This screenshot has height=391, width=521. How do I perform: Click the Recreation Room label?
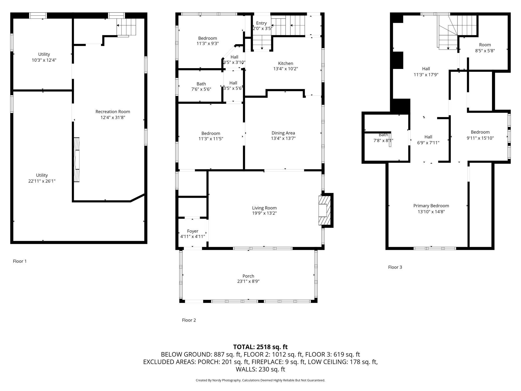click(x=113, y=112)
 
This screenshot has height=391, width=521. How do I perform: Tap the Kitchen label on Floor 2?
click(x=286, y=63)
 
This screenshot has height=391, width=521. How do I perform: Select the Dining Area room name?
click(x=283, y=133)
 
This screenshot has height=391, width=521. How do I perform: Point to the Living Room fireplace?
click(x=326, y=210)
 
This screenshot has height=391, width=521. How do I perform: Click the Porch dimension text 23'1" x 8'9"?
click(x=248, y=281)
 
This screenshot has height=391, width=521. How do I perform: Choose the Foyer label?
click(x=193, y=231)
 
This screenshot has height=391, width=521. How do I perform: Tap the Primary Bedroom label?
click(x=431, y=206)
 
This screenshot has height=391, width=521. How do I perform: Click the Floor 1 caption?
click(x=20, y=261)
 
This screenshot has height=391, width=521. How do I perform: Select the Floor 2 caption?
click(x=189, y=320)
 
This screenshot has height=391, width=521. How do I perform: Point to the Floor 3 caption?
click(x=395, y=267)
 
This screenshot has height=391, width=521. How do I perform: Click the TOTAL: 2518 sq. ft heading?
click(x=260, y=347)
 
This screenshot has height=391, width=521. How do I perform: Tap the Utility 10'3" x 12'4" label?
click(x=44, y=57)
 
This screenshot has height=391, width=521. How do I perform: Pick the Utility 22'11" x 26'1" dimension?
click(x=42, y=181)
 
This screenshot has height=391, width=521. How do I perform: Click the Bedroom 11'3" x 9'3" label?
click(x=208, y=41)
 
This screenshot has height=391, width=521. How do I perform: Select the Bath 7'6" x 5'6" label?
click(x=201, y=86)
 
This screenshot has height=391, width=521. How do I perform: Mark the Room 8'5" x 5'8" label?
click(x=485, y=48)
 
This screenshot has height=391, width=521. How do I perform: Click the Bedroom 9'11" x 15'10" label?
click(x=480, y=135)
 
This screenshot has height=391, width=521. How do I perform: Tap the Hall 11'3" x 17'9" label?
click(x=426, y=71)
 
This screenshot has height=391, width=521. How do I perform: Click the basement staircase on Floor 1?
click(x=126, y=27)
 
